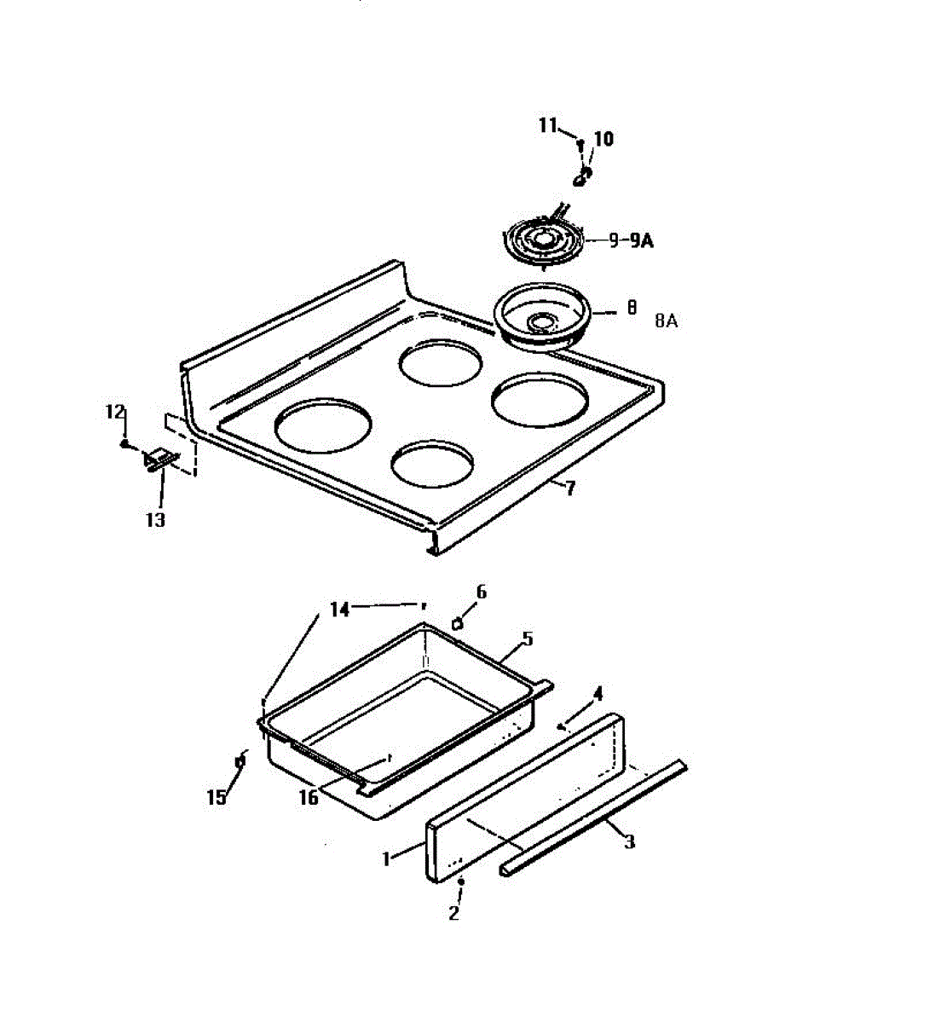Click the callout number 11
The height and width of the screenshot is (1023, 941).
point(546,125)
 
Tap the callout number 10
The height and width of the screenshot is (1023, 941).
point(603,139)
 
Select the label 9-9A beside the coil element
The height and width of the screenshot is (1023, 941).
point(631,240)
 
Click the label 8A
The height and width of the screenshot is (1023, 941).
point(667,321)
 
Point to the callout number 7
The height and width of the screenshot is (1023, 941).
point(569,488)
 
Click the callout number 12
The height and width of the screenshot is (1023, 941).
point(115,412)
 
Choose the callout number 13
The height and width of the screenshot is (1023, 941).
point(155,519)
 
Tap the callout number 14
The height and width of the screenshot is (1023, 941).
point(340,610)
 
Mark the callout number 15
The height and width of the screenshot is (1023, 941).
point(216,797)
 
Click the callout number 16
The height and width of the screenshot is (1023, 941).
point(309,797)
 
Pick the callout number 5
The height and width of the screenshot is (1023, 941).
point(527,639)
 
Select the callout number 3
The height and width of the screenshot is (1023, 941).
point(629,842)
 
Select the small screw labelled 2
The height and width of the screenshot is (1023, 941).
point(461,881)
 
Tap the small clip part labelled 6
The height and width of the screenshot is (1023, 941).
point(458,623)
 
